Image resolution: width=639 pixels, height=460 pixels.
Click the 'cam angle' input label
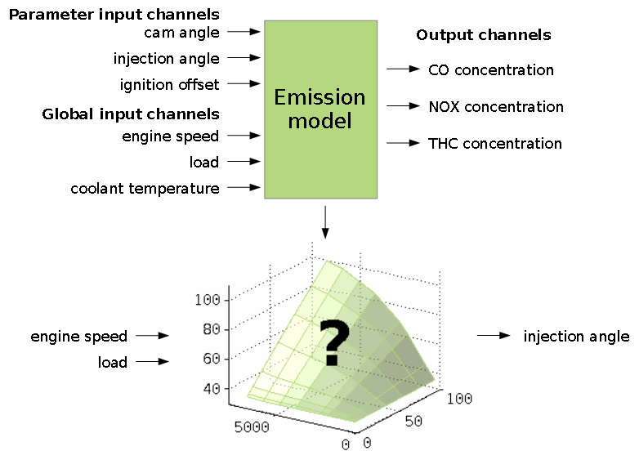[181, 33]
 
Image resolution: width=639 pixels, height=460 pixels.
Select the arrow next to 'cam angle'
[244, 31]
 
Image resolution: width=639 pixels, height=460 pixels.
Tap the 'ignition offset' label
[169, 84]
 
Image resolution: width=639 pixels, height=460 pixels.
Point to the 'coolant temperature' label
[145, 189]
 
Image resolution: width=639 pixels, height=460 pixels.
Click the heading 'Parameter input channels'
[114, 15]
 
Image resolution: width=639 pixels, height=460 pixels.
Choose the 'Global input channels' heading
[131, 114]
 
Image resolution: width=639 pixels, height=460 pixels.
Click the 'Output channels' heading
[484, 35]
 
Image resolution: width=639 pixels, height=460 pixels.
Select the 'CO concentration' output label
[491, 70]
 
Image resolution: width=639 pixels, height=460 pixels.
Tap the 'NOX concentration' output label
[496, 107]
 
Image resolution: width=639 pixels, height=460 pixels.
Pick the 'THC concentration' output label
[495, 144]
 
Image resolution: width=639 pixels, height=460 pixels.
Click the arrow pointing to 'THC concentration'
[403, 143]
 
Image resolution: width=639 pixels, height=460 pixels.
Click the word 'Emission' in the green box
[319, 97]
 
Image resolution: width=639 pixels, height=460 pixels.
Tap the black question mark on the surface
[334, 342]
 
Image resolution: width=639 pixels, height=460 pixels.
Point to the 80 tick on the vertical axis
[212, 329]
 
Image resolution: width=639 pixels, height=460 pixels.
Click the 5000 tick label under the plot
[252, 427]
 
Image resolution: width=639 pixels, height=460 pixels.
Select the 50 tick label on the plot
[413, 422]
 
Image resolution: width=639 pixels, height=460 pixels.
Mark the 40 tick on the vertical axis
[212, 389]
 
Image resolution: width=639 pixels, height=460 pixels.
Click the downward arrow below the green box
[324, 222]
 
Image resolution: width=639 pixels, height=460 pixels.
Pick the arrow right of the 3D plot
[494, 335]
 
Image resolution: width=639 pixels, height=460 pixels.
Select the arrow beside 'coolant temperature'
[244, 187]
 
